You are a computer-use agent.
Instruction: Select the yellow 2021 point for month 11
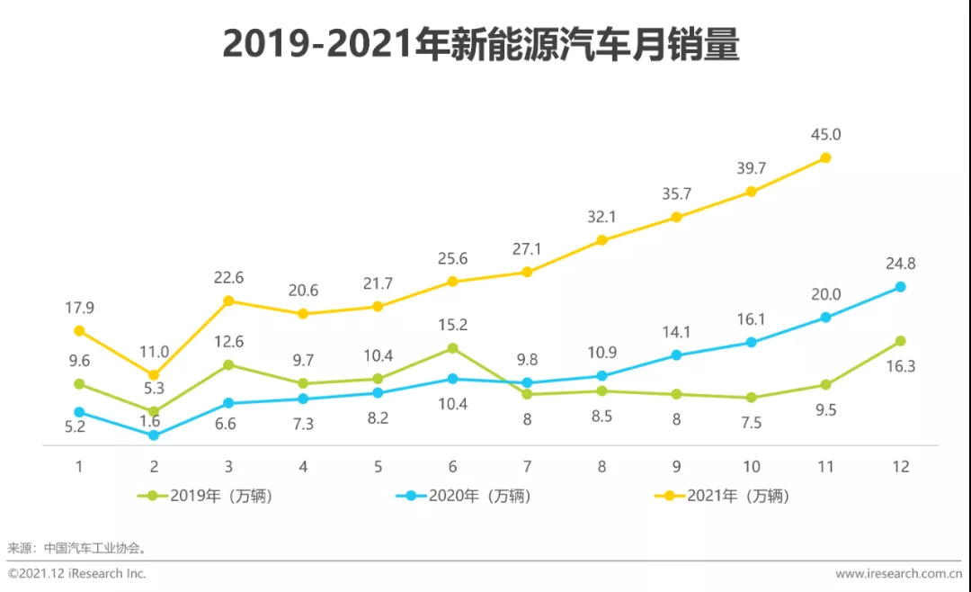[x=825, y=158]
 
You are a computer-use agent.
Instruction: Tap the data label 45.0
[x=825, y=134]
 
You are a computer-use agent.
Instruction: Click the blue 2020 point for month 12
[x=900, y=287]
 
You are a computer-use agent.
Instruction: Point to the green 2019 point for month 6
[x=452, y=348]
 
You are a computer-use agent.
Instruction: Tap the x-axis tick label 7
[x=527, y=466]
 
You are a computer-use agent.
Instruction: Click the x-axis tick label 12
[x=900, y=466]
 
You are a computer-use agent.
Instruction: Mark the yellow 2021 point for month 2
[x=154, y=375]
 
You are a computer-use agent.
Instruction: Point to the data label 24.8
[x=900, y=264]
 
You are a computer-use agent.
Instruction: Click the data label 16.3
[x=900, y=366]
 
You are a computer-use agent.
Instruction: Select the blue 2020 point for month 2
[x=154, y=435]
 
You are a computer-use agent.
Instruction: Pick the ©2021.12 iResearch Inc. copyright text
[x=77, y=573]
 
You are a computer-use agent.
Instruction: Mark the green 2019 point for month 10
[x=751, y=398]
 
